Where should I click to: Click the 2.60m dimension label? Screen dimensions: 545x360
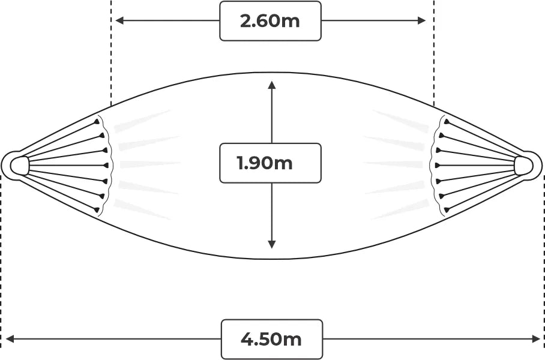[x=270, y=21]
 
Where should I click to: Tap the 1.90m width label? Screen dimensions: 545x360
[x=265, y=163]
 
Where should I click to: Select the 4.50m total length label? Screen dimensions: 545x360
[x=271, y=339]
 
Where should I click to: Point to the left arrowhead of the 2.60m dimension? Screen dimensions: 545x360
[x=119, y=20]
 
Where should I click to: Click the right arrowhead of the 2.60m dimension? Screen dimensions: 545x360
[x=421, y=20]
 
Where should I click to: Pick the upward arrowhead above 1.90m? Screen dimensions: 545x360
[x=272, y=85]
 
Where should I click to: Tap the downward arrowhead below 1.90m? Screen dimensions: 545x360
[x=272, y=244]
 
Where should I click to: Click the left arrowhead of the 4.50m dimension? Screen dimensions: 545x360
[x=10, y=339]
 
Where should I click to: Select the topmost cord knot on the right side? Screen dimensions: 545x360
[x=447, y=122]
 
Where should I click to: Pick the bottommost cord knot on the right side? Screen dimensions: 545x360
[x=447, y=209]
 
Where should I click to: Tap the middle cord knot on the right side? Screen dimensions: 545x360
[x=438, y=166]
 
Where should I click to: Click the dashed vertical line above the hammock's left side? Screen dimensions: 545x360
[x=111, y=53]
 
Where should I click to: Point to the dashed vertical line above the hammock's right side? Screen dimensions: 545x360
[x=434, y=53]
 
